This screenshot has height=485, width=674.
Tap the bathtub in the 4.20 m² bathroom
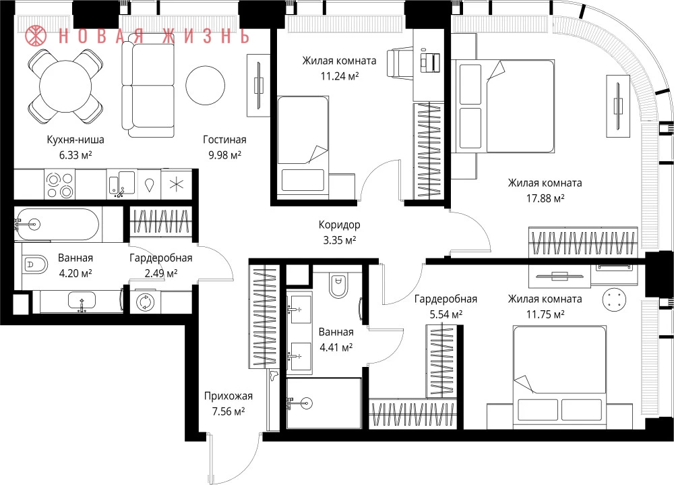(x=57, y=224)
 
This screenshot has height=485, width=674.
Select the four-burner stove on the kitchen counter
(x=60, y=185)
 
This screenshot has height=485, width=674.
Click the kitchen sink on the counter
(x=121, y=183)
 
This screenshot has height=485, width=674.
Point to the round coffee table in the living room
(x=205, y=85)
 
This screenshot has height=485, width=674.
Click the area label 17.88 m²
(x=545, y=198)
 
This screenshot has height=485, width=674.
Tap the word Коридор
(x=339, y=225)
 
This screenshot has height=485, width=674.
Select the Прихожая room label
(x=228, y=396)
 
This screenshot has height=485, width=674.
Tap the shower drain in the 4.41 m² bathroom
(x=307, y=403)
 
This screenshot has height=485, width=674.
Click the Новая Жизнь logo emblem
(x=36, y=36)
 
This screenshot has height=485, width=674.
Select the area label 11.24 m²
(x=340, y=76)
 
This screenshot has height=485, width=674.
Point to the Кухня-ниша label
(x=75, y=140)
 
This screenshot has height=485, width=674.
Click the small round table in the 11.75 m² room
(x=613, y=299)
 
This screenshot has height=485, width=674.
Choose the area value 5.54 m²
(x=446, y=314)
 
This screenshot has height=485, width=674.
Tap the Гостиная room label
(x=224, y=140)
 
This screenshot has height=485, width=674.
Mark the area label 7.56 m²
(x=228, y=412)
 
